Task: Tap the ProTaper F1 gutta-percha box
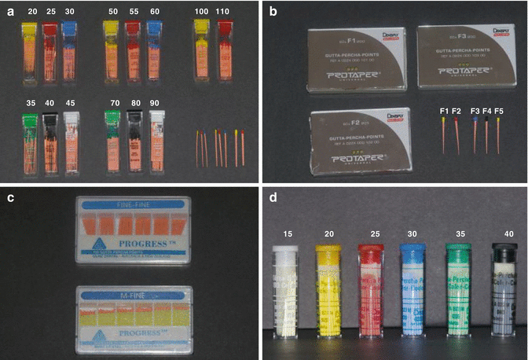[x=352, y=55]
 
